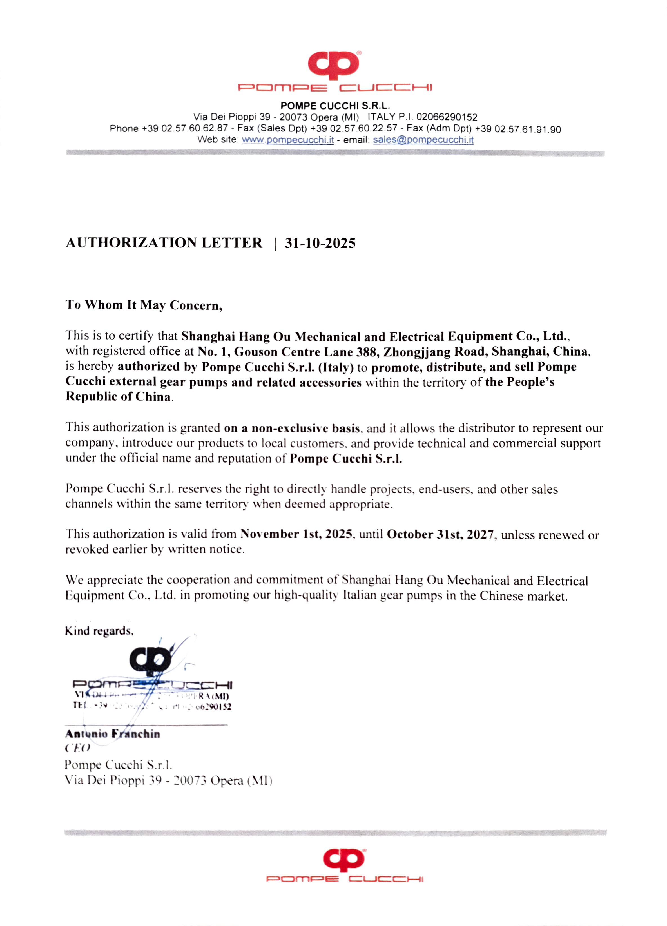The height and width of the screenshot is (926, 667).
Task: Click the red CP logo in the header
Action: tap(333, 65)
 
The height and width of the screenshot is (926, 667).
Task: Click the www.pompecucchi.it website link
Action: tap(288, 140)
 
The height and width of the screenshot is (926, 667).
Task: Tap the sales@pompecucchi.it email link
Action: tap(423, 140)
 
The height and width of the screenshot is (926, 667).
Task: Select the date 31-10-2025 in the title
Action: tap(320, 243)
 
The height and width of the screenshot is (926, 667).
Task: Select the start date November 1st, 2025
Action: tap(296, 534)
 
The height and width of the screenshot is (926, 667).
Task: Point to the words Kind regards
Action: tap(99, 631)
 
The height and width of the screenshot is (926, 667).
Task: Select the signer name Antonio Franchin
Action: tap(112, 734)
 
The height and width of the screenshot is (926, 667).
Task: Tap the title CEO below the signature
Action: tap(77, 748)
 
